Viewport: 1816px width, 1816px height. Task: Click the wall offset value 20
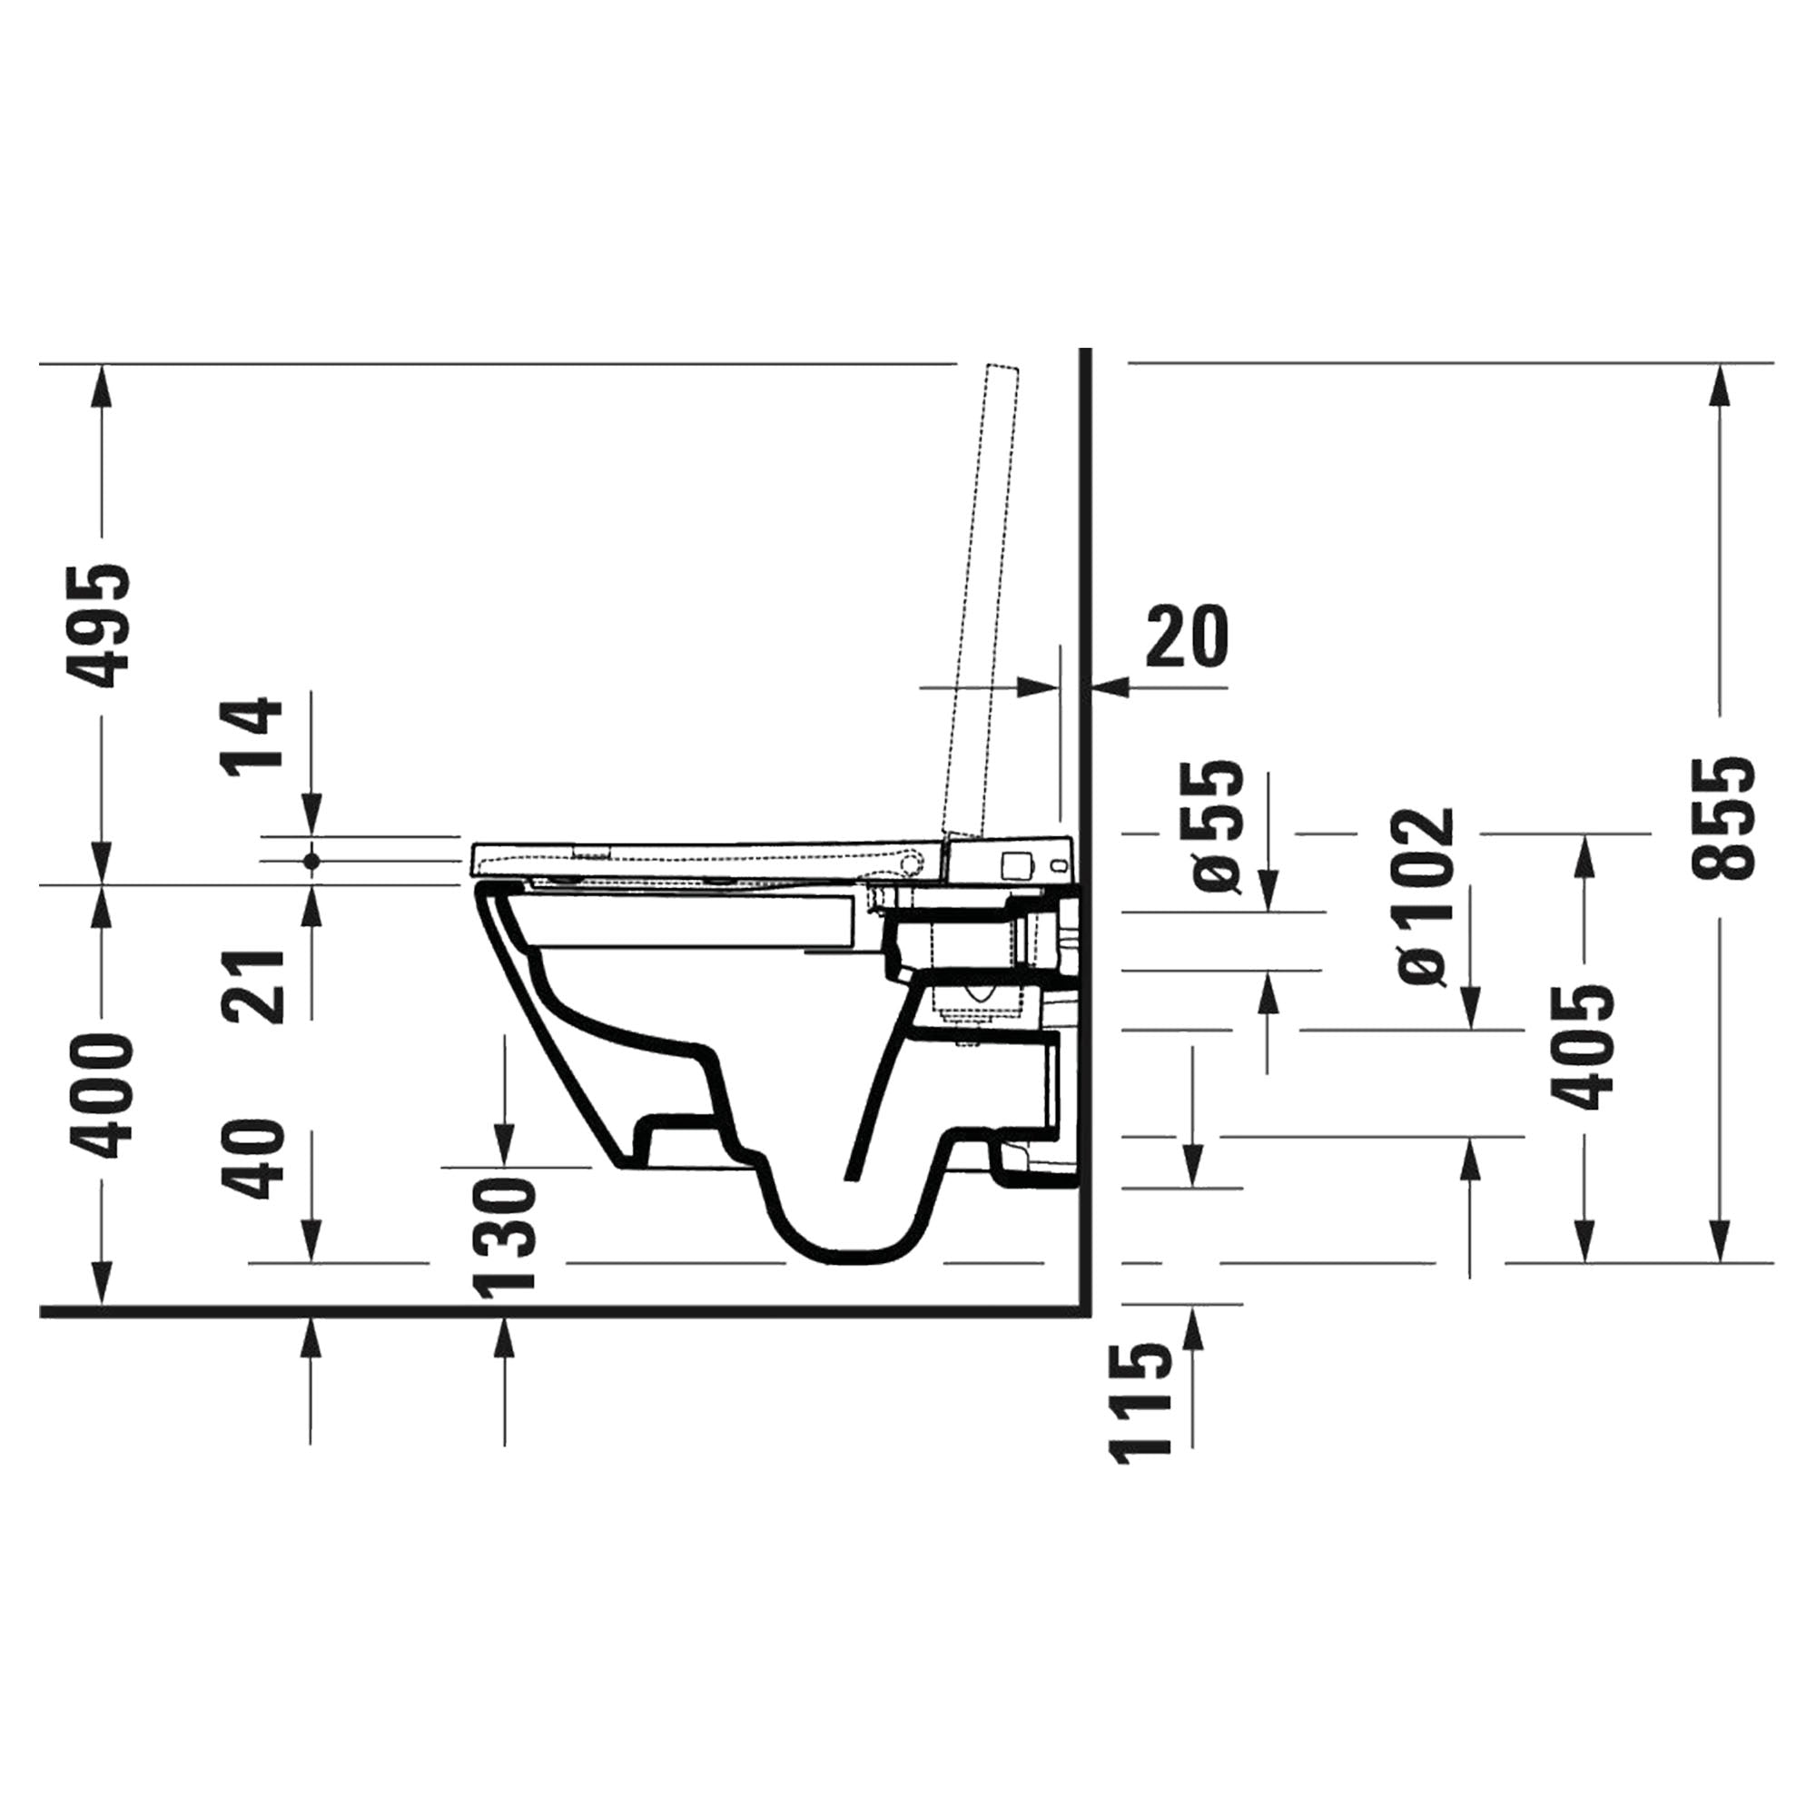point(1187,637)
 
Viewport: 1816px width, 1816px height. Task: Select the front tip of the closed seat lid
point(473,857)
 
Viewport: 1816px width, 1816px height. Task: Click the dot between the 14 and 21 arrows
point(311,860)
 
